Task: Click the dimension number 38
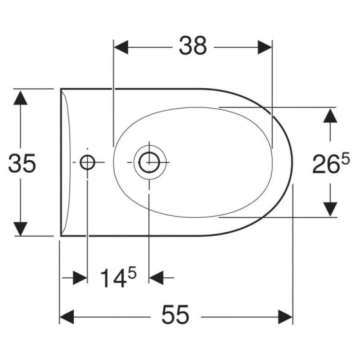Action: [x=193, y=45]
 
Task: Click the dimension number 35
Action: [x=22, y=163]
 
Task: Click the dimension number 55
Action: [x=175, y=315]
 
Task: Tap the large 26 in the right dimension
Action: [x=326, y=164]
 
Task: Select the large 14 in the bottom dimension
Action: [x=114, y=278]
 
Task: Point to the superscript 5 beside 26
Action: [x=345, y=158]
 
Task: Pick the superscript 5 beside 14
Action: [x=132, y=273]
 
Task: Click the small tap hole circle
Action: [x=87, y=162]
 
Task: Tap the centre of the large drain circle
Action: [x=149, y=162]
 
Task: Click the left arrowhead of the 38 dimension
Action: [x=121, y=47]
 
